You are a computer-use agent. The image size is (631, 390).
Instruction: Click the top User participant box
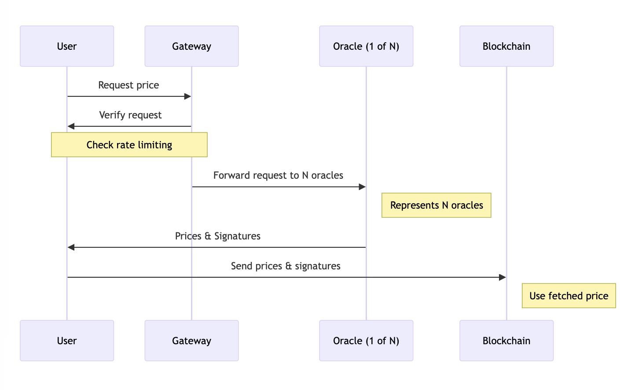[67, 46]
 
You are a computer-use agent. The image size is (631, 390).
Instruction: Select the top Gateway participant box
[191, 46]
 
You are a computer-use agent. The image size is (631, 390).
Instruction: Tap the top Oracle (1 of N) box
[366, 46]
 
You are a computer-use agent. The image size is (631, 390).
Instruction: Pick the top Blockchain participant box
[506, 46]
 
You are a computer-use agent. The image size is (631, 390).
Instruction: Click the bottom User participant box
[67, 341]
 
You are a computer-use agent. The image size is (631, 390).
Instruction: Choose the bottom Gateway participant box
[191, 341]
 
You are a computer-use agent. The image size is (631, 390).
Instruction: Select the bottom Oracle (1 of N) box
[366, 341]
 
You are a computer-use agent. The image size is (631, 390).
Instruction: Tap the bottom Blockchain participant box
[506, 341]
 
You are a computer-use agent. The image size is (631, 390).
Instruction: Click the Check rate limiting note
[129, 145]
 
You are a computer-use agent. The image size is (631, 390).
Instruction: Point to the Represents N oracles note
[436, 205]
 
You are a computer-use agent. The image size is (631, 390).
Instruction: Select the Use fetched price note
[569, 296]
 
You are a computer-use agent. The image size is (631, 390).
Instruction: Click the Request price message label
[128, 85]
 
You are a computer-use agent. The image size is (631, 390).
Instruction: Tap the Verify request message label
[130, 115]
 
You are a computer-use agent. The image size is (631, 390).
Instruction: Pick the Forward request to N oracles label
[278, 175]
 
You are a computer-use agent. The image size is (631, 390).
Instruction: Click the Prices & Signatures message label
[217, 236]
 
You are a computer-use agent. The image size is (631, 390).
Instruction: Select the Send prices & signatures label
[286, 266]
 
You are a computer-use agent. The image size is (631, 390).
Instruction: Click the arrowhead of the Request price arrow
[187, 96]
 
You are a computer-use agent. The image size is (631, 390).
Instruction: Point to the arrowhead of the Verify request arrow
[71, 126]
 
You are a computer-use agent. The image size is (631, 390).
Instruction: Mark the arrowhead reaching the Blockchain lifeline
[503, 277]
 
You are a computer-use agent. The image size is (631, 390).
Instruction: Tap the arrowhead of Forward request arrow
[362, 187]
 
